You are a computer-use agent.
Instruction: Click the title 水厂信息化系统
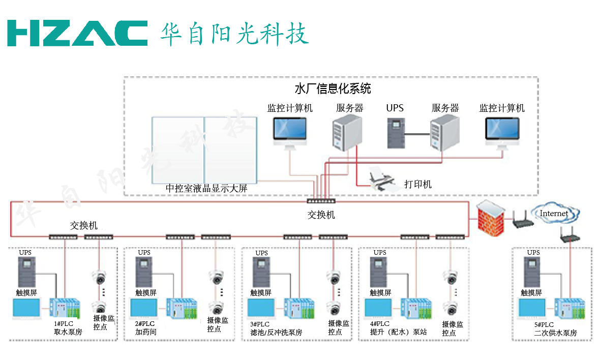click(333, 89)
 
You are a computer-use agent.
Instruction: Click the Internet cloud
click(554, 214)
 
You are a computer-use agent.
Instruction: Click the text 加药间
click(145, 332)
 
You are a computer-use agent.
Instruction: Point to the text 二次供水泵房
click(555, 333)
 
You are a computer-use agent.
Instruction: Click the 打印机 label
click(417, 184)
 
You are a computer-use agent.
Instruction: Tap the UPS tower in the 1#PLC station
click(26, 272)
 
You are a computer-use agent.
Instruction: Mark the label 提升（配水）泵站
click(398, 333)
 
